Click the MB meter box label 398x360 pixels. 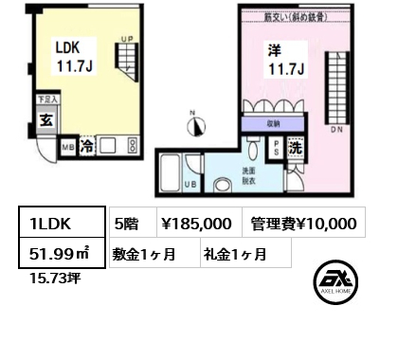pyautogui.click(x=65, y=149)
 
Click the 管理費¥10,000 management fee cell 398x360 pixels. pyautogui.click(x=304, y=224)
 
